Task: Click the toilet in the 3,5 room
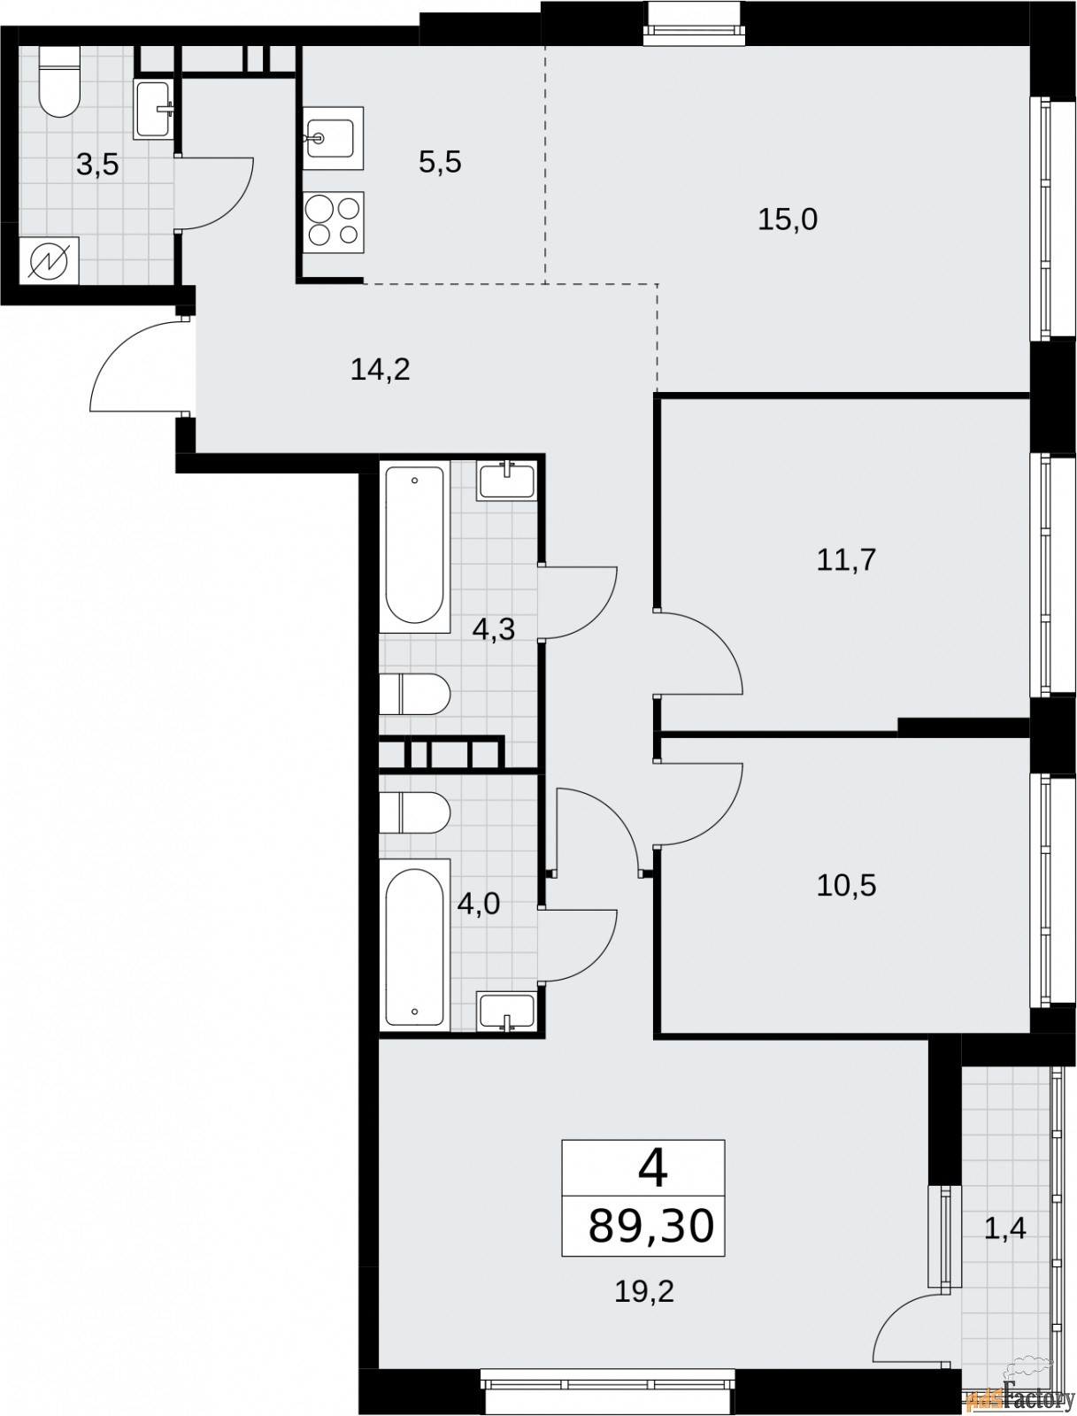tap(59, 82)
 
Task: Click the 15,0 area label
tap(788, 220)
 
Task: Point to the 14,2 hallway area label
tap(381, 370)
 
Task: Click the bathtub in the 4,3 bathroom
tap(415, 548)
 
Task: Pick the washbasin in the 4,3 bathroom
tap(506, 481)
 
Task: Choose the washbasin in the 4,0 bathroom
tap(506, 1012)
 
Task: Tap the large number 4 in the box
tap(652, 1171)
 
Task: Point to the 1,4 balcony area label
tap(1004, 1230)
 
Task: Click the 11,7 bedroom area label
tap(846, 560)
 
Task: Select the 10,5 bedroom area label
tap(846, 887)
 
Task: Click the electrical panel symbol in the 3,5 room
tap(50, 260)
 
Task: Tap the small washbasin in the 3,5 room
tap(154, 109)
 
